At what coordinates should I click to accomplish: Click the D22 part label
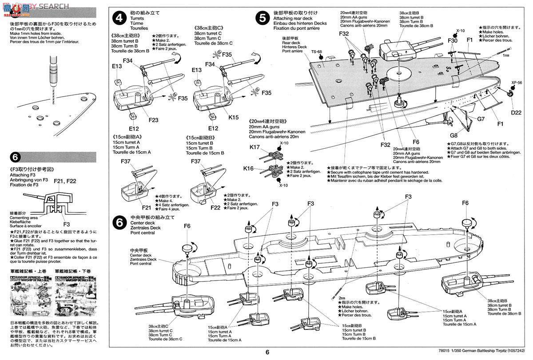tap(516, 112)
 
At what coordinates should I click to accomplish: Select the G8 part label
tap(453, 135)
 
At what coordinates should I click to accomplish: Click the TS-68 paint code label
tap(316, 51)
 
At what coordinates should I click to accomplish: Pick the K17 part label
tap(255, 146)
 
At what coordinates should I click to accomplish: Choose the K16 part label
tap(249, 168)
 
